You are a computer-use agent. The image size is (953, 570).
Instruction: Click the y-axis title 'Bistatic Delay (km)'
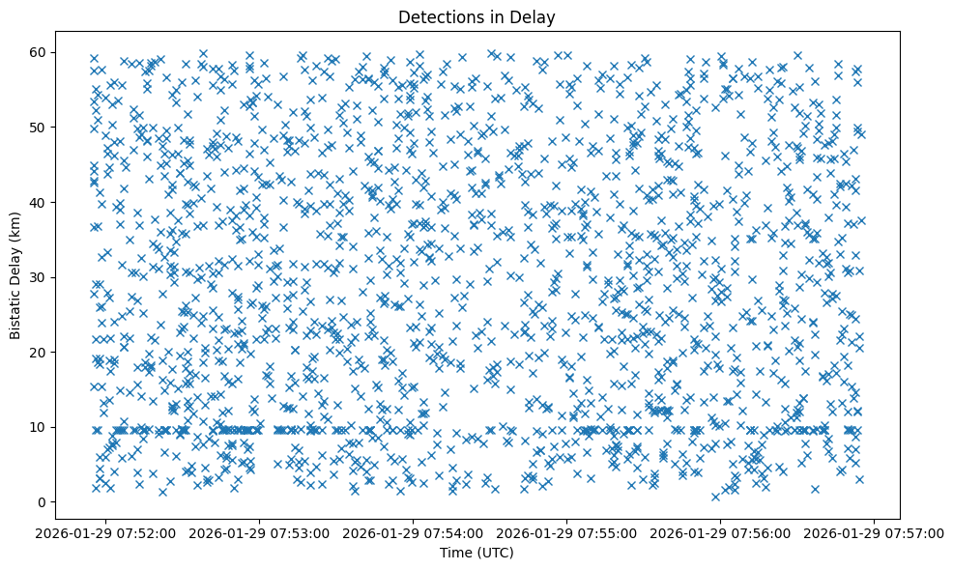coord(16,274)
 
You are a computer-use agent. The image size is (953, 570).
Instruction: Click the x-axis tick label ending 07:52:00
coord(106,532)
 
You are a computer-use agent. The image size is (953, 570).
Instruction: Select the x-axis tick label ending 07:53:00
coord(260,532)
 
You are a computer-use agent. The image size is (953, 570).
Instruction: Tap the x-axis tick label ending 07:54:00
coord(414,532)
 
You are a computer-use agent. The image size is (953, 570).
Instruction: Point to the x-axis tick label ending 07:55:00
coord(567,532)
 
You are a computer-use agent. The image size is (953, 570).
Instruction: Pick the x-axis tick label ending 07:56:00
coord(721,532)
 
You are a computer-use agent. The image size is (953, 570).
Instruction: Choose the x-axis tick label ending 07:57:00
coord(875,532)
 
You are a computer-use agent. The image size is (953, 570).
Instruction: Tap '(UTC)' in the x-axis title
coord(498,553)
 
